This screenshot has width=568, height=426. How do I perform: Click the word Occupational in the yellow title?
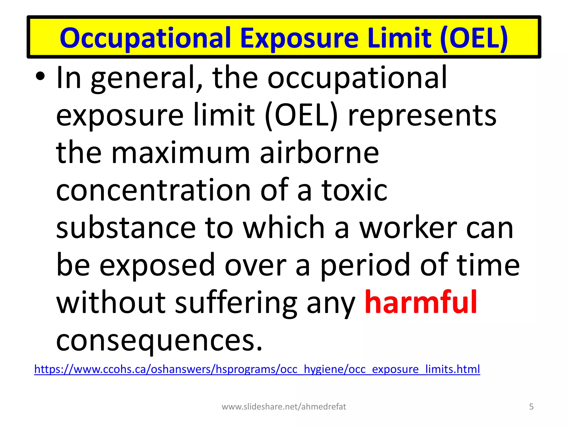point(145,38)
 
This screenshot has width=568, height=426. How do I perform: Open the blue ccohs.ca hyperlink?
point(257,369)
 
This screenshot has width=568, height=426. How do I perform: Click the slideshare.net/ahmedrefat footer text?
point(284,407)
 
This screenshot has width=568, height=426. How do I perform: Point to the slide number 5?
point(531,407)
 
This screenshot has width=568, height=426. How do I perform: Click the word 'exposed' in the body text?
point(157,266)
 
